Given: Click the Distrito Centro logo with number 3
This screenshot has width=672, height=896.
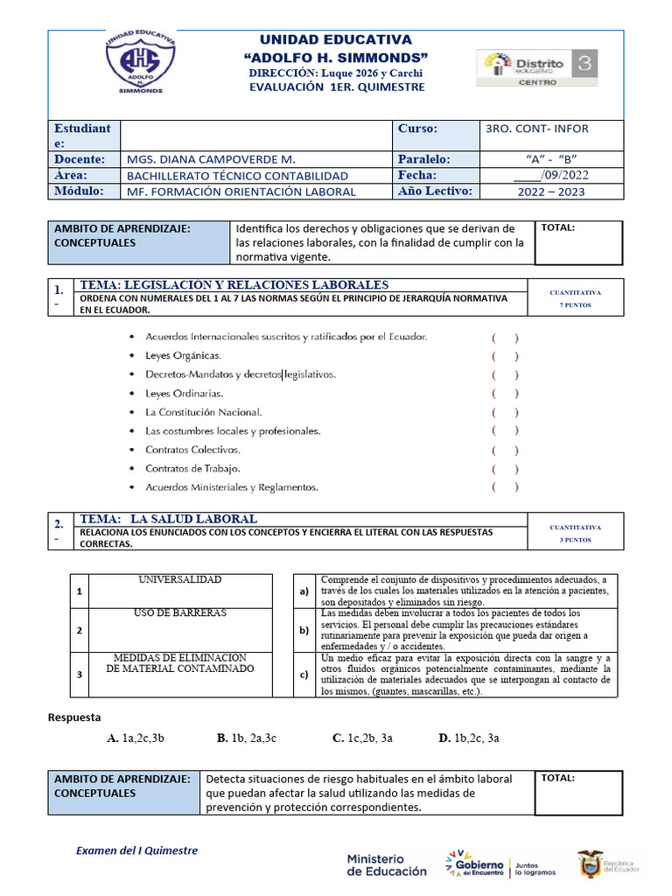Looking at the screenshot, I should click(x=537, y=68).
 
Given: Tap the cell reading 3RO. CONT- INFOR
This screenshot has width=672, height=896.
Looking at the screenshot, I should click(x=536, y=129).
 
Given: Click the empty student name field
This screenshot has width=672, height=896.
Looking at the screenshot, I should click(x=257, y=135).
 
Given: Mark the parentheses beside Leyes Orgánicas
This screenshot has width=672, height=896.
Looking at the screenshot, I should click(x=505, y=355).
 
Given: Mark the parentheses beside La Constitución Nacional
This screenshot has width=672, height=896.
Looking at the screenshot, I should click(x=505, y=412).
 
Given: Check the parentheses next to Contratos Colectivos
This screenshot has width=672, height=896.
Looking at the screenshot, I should click(x=505, y=450).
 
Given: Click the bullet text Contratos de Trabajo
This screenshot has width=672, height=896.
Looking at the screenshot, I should click(x=192, y=468).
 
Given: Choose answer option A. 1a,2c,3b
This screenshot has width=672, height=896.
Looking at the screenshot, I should click(x=136, y=738).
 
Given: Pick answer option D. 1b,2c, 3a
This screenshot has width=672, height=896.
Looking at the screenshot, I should click(x=469, y=738).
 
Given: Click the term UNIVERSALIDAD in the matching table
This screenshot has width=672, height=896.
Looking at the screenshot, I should click(x=179, y=580).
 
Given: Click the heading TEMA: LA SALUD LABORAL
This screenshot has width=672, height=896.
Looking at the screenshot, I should click(x=168, y=519).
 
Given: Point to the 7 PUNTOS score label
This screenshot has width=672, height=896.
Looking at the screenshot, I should click(x=575, y=306).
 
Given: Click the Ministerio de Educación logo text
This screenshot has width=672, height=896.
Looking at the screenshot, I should click(x=387, y=864).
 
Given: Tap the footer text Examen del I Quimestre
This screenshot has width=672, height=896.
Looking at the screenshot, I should click(x=136, y=850).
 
